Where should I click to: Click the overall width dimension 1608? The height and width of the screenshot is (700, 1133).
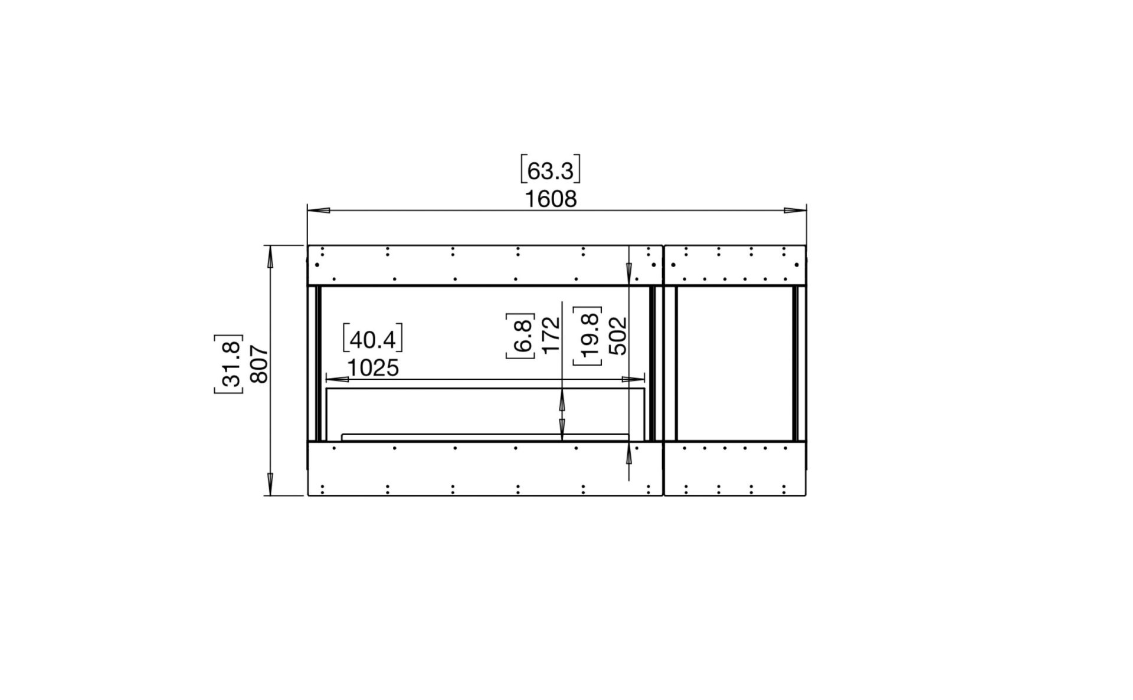click(551, 199)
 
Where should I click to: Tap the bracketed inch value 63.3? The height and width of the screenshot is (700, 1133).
click(550, 170)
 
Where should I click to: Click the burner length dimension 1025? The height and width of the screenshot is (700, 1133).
click(373, 368)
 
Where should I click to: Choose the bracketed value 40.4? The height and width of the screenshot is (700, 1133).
click(373, 339)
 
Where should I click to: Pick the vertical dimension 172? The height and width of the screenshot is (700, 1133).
click(550, 335)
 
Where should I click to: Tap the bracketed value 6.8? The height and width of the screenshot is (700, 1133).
click(520, 336)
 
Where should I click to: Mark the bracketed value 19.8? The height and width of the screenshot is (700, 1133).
click(588, 336)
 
